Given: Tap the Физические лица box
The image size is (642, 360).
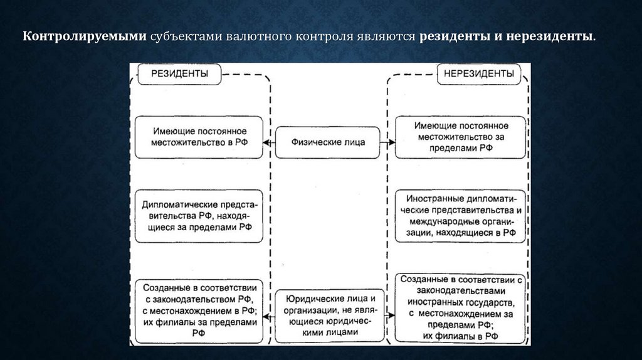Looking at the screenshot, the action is point(328,142).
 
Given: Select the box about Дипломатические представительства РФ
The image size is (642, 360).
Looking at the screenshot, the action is point(199,216).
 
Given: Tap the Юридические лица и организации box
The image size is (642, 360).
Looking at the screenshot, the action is point(329,316).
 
